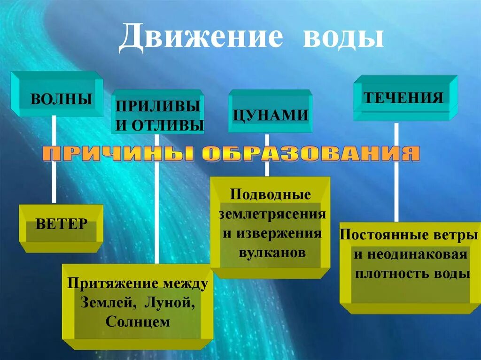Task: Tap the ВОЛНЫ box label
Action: click(x=61, y=99)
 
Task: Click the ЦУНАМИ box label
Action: click(x=271, y=115)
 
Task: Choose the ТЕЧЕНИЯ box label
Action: click(x=404, y=98)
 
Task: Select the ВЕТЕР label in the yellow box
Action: click(x=62, y=223)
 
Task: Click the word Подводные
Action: click(x=271, y=194)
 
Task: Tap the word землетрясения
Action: click(x=272, y=214)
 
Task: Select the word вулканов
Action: click(x=272, y=253)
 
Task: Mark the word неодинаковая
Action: click(x=417, y=255)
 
